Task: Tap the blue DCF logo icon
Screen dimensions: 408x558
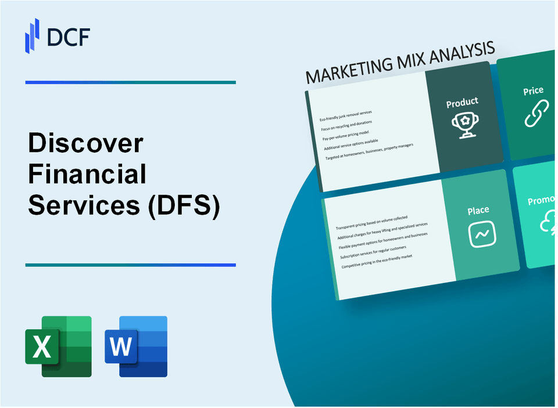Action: tap(33, 35)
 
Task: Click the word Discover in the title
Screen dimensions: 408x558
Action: tap(85, 143)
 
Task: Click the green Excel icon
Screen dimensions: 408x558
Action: tap(58, 346)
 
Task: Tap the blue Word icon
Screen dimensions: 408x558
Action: tap(136, 346)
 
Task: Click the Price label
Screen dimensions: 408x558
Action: tap(533, 91)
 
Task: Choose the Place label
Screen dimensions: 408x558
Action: tap(478, 210)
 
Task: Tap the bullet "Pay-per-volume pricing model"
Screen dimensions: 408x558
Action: tap(347, 135)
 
